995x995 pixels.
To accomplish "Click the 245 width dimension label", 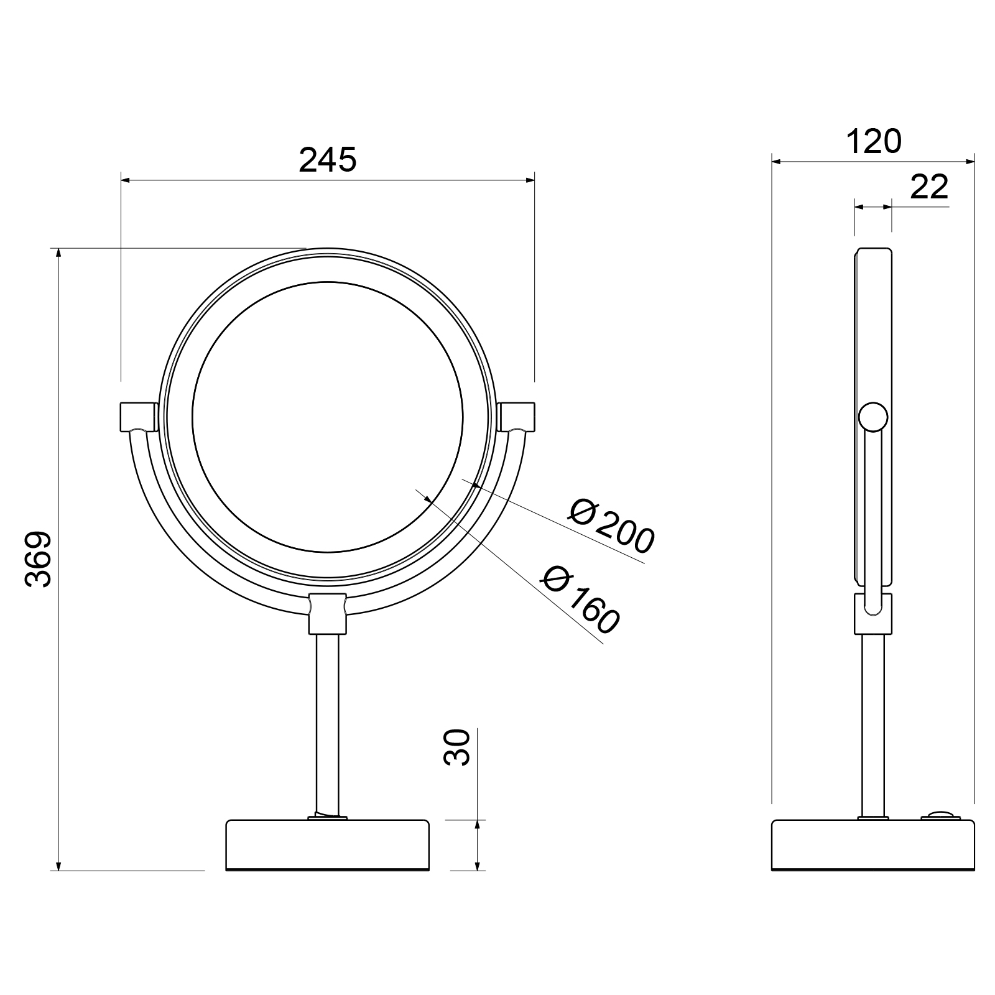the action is pyautogui.click(x=328, y=160).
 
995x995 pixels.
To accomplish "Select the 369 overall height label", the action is pyautogui.click(x=39, y=558).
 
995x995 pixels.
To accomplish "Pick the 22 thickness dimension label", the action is pyautogui.click(x=929, y=187).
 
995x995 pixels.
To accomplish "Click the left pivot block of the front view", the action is pyautogui.click(x=138, y=417).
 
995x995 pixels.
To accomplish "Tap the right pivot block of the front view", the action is pyautogui.click(x=516, y=417).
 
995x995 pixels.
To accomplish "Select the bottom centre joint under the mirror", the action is pyautogui.click(x=328, y=613).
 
